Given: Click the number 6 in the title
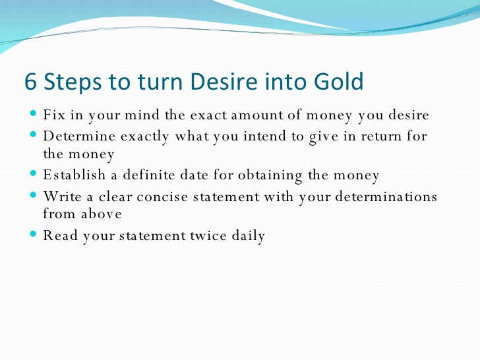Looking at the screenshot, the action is pos(30,81).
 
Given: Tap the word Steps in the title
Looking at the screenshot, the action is pos(73,82).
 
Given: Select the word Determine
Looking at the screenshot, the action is pos(79,136).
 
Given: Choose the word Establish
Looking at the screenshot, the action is pos(75,175).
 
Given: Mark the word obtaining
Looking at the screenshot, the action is pos(270,175).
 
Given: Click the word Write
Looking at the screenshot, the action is pos(63,196).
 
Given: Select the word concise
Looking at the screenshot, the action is pos(162,197).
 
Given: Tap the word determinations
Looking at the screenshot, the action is pos(386,196).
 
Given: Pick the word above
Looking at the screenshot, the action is pos(102,214).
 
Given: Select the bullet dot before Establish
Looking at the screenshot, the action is pos(34,173).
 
